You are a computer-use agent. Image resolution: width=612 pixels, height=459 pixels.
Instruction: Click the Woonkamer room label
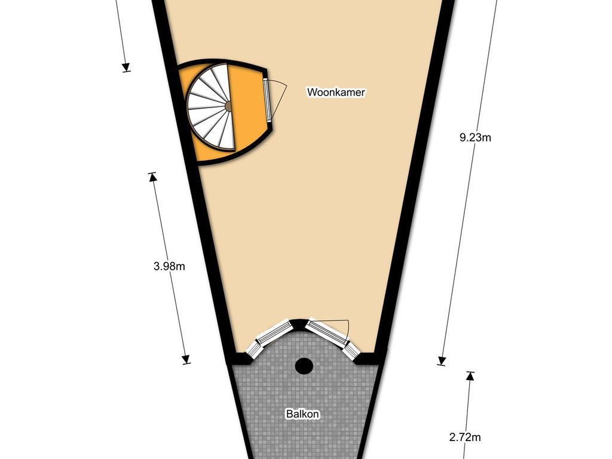click(336, 93)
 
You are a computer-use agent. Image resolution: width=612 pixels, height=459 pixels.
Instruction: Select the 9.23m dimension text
click(475, 137)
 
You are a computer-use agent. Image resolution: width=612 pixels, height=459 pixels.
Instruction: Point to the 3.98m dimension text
click(169, 267)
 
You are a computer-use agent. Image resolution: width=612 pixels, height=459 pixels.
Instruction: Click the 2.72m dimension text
click(465, 437)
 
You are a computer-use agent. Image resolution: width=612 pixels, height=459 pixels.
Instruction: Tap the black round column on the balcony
click(305, 365)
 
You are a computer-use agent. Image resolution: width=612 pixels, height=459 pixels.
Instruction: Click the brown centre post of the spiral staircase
click(228, 106)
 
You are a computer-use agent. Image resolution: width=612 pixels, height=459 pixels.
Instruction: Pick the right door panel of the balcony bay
click(327, 333)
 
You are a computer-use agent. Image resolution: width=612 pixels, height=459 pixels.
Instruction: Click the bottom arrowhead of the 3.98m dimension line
click(186, 359)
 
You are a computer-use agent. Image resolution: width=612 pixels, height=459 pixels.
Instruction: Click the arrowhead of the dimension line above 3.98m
click(126, 67)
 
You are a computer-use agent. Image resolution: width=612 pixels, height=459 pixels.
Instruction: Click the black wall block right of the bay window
click(367, 358)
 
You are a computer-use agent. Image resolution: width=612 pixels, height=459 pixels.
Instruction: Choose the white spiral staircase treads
click(209, 108)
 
